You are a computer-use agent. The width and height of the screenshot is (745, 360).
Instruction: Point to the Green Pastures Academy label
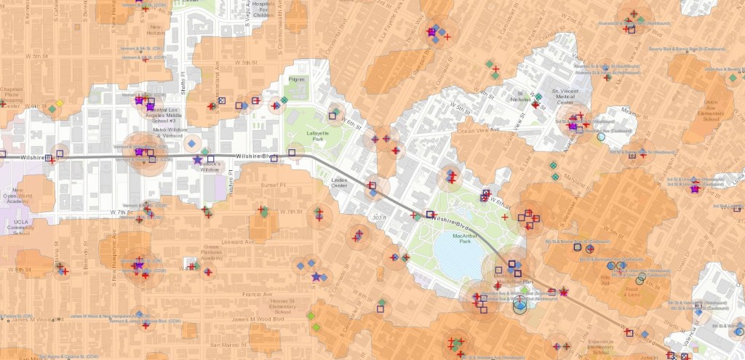click(192, 252)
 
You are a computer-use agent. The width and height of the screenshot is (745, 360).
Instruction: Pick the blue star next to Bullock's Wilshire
click(197, 159)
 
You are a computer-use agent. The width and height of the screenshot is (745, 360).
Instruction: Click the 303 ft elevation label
click(378, 217)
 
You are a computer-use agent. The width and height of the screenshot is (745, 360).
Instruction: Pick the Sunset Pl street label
click(254, 185)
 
